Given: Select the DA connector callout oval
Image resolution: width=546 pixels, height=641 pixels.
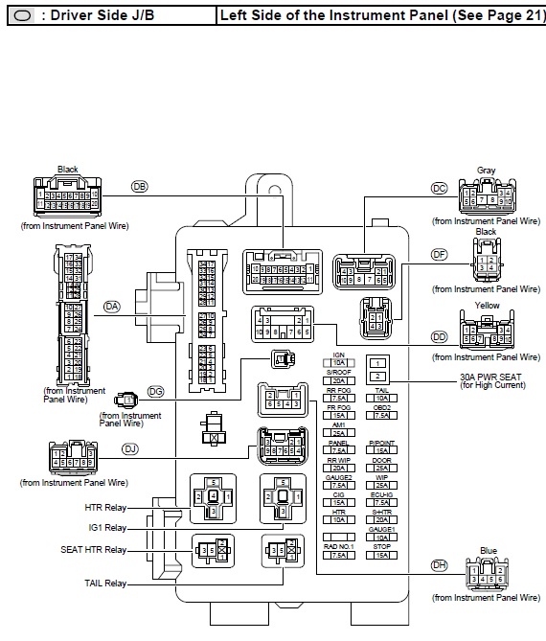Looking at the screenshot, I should point(113,306).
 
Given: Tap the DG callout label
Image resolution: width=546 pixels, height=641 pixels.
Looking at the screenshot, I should point(156,393).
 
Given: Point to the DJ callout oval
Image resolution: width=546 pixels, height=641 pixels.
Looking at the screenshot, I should point(130,448).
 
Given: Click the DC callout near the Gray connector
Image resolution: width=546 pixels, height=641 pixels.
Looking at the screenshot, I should point(440,188).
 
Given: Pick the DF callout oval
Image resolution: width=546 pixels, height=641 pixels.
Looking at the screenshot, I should point(440,254).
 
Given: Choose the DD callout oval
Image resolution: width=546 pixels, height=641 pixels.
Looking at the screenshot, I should point(440,336).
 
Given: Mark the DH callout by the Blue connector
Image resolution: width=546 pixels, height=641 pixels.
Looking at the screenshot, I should point(440,564).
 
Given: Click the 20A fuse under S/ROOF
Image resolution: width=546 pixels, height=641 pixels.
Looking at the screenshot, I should point(338,380).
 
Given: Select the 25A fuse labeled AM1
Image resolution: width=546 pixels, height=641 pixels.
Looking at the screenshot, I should point(338,433).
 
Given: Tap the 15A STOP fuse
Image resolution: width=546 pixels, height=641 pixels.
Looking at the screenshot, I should point(381,555).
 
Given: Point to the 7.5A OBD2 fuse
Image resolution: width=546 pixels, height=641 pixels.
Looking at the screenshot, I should point(381,416).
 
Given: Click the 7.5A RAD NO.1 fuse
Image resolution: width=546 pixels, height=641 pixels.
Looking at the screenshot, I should point(338,555).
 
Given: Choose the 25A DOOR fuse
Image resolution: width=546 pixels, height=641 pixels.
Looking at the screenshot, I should point(381,469).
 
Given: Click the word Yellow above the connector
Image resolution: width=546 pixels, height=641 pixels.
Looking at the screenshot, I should point(487,306).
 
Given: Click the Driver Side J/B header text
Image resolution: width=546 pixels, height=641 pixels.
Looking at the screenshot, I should point(86,16).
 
